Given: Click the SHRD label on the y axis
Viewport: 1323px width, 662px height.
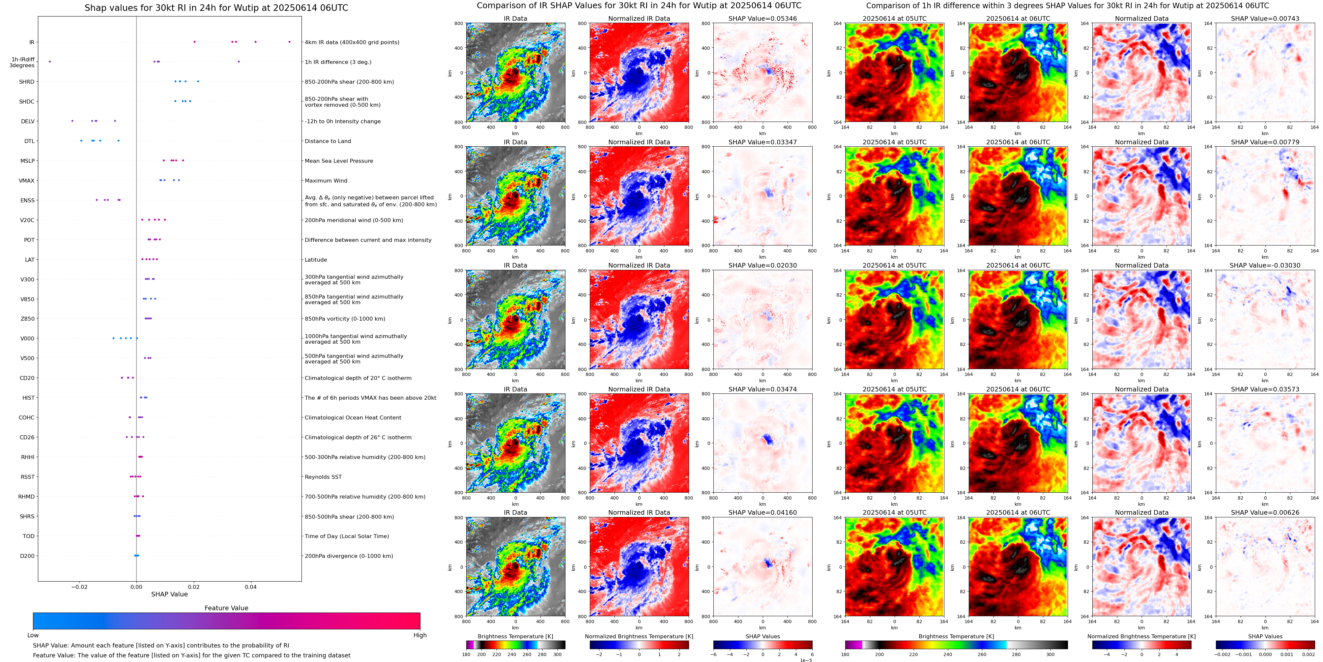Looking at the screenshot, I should [x=27, y=82].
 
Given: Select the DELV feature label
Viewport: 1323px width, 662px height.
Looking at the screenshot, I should [x=28, y=122].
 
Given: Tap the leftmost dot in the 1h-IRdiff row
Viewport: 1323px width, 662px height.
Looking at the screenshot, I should [x=50, y=62].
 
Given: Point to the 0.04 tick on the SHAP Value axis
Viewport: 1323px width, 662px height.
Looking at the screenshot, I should [x=251, y=587].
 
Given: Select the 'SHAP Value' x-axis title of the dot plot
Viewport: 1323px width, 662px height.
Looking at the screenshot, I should [x=169, y=594].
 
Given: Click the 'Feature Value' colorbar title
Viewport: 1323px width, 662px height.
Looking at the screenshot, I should [x=226, y=608].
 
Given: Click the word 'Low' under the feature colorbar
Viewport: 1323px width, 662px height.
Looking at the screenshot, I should [x=33, y=635].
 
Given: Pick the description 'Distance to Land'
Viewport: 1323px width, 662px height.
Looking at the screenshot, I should [x=328, y=141].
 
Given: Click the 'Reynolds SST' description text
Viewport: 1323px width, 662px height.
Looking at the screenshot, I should [x=323, y=477].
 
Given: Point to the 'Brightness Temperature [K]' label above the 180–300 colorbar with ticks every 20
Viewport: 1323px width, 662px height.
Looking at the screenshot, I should [x=515, y=636].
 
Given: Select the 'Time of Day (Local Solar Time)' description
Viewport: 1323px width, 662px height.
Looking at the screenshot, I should [x=347, y=536].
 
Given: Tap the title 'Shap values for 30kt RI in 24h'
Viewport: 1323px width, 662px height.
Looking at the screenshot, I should [x=216, y=8].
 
